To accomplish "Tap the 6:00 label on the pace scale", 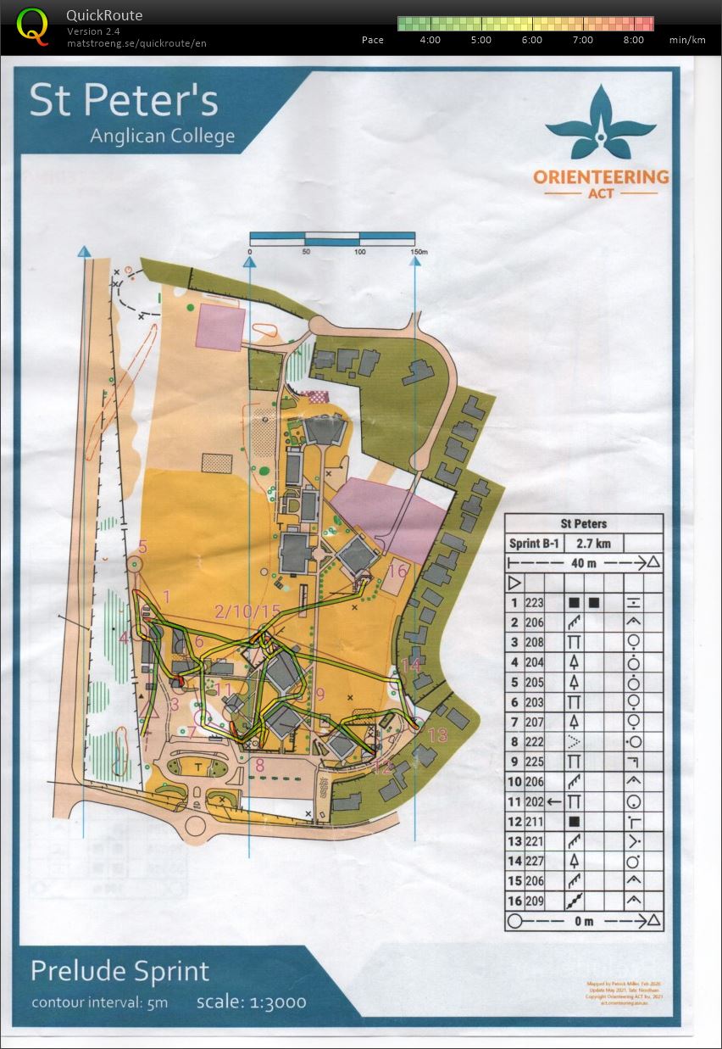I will coord(531,40).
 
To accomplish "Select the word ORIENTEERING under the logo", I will coord(601,177).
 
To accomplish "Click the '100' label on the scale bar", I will coord(360,253).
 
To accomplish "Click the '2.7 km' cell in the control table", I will coord(595,544).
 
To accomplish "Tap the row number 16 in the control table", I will coord(514,901).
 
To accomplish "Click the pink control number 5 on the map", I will coord(143,547).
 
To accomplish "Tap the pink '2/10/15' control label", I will coord(247,611).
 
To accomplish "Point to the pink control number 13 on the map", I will coord(437,735).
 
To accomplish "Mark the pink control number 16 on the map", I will coord(397,571).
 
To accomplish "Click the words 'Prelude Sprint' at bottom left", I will coord(119,971).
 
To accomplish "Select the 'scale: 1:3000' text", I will coord(251,1002).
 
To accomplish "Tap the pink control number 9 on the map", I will coord(319,694).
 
